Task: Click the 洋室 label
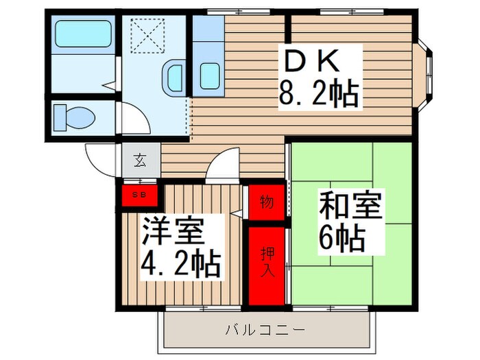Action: (x=173, y=232)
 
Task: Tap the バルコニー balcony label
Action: (x=266, y=330)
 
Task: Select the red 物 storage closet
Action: (x=266, y=202)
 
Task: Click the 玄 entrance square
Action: (x=140, y=162)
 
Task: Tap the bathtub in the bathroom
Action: (x=82, y=33)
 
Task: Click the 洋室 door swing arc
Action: (x=224, y=167)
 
